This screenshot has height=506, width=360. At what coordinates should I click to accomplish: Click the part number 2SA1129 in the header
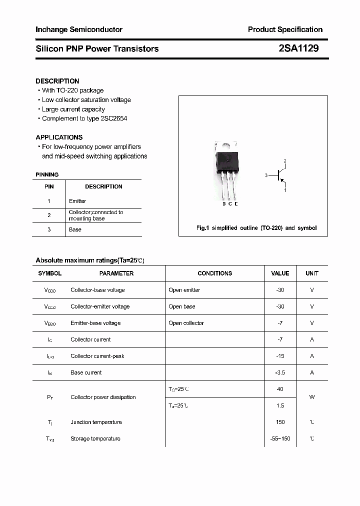coord(298,48)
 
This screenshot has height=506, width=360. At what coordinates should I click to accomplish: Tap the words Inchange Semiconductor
coord(79,29)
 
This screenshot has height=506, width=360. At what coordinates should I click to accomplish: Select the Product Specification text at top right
coord(285,29)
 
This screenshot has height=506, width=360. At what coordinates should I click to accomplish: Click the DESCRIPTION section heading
coord(57,81)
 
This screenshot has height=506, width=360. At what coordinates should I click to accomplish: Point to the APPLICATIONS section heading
coord(59,137)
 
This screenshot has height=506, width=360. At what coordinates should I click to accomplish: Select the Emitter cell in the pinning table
coord(77,201)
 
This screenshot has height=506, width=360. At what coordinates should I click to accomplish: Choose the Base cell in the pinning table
coord(75,229)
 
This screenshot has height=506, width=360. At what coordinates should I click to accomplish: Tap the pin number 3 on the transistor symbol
coord(266,175)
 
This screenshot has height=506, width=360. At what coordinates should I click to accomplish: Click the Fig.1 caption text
coord(256,228)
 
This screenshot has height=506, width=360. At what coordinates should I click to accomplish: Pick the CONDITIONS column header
coord(215,273)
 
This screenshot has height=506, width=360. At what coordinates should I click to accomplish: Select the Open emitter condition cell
coord(184,290)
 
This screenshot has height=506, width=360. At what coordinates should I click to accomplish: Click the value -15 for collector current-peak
coord(280,356)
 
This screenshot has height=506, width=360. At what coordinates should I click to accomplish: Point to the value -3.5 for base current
coord(280,372)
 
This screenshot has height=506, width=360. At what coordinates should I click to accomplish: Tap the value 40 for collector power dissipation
coord(280,389)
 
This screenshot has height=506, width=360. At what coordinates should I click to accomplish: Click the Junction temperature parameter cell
coord(96,422)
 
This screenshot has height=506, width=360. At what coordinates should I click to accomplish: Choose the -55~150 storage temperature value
coord(280,438)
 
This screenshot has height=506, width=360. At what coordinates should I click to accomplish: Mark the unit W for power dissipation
coord(312,397)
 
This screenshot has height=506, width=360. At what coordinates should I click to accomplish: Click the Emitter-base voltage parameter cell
coord(95,323)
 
